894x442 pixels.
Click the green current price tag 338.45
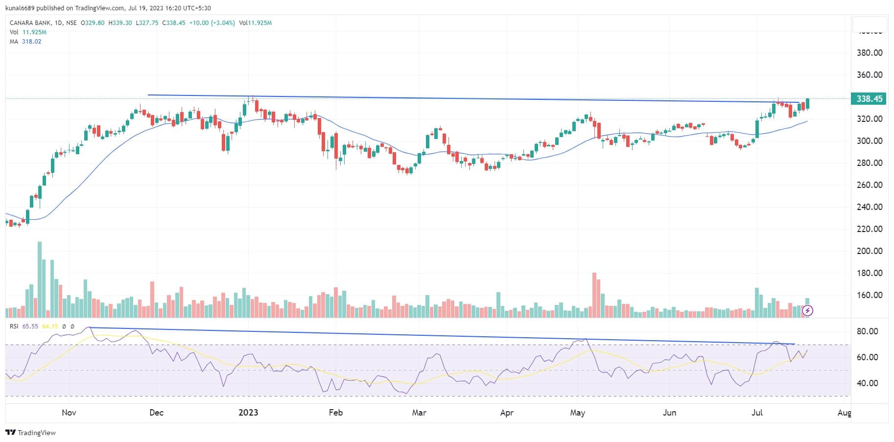(x=869, y=99)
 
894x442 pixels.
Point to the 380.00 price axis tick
(x=869, y=53)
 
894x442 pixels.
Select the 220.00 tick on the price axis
(x=869, y=229)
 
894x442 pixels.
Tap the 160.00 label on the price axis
(x=869, y=295)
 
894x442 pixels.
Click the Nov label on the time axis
(x=69, y=413)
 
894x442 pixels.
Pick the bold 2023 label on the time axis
(x=248, y=413)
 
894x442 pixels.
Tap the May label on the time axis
(x=578, y=413)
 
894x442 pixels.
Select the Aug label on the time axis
(x=844, y=413)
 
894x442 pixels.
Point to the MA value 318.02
(x=31, y=42)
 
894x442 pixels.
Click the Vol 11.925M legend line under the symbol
(x=28, y=32)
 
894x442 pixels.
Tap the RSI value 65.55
(x=30, y=326)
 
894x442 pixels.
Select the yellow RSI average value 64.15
(x=50, y=326)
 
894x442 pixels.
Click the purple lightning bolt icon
(x=808, y=310)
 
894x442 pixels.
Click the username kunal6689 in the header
(x=18, y=8)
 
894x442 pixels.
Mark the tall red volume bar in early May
(x=594, y=295)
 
